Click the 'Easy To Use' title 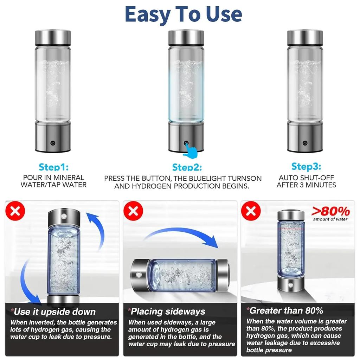point(183,14)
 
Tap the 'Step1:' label point(53,167)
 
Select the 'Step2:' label point(187,167)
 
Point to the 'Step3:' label point(306,166)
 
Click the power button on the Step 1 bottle point(53,143)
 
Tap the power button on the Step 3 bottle point(305,143)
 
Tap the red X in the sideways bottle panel point(133,211)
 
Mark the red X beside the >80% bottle point(251,211)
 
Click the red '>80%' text point(331,212)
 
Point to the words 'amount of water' point(330,219)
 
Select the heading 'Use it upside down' point(54,312)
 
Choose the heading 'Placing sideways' point(167,311)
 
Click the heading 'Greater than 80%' point(285,310)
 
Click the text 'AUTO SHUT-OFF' point(306,178)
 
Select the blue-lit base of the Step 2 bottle point(186,137)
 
